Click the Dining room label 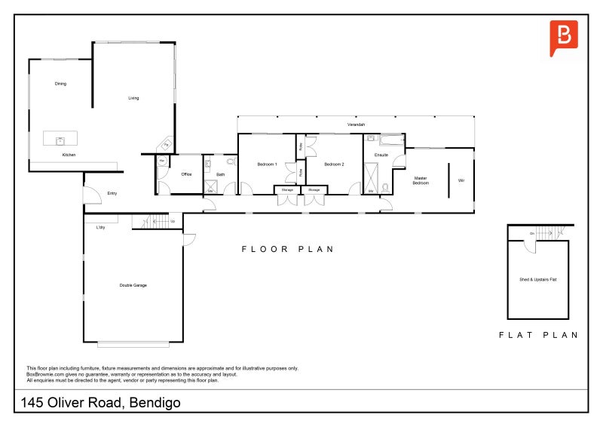coord(60,84)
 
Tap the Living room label coord(133,98)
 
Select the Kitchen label coord(69,155)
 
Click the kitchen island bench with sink coord(60,139)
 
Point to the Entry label coord(112,194)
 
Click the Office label coord(187,175)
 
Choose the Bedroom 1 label coord(268,164)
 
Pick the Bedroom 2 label coord(334,164)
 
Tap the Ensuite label coord(381,155)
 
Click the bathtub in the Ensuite coord(392,140)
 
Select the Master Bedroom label coord(421,181)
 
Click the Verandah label coord(357,124)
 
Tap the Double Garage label coord(133,285)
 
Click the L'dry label coord(100,227)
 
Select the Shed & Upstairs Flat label coord(537,279)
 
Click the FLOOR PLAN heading coord(286,249)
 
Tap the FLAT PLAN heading coord(538,335)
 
